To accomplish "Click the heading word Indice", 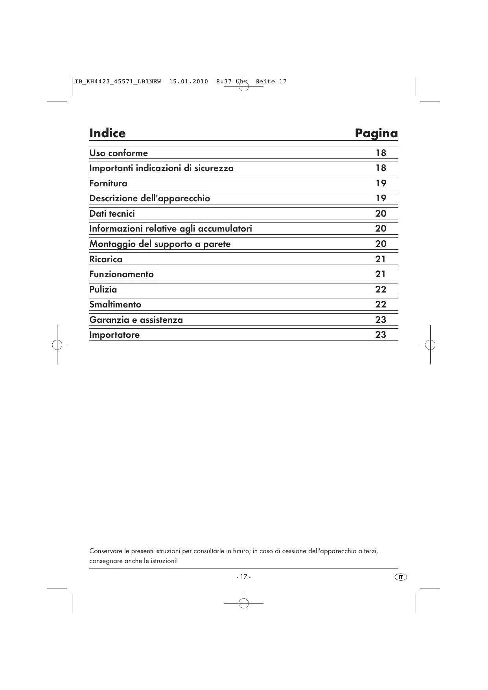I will tap(107, 133).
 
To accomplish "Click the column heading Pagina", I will tap(376, 133).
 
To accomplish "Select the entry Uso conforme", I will tap(118, 153).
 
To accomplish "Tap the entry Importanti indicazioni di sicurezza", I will tap(161, 168).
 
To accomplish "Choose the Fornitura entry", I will tap(108, 183).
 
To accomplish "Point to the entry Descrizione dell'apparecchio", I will tap(149, 198).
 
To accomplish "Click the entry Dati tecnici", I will tap(112, 213).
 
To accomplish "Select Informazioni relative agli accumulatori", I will tap(170, 228).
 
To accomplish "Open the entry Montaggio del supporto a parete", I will tap(160, 244).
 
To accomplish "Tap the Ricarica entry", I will tap(105, 259).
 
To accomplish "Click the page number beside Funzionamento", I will tap(380, 274).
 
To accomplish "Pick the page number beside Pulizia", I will tap(380, 289).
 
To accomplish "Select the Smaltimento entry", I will tap(115, 304).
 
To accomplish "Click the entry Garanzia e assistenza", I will tap(136, 320).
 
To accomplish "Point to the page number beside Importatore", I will tap(380, 335).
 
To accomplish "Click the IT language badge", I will tap(400, 577).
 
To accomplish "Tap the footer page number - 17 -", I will tap(243, 577).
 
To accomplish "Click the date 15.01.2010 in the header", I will tap(188, 82).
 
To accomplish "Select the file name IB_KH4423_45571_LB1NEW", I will tap(118, 82).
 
